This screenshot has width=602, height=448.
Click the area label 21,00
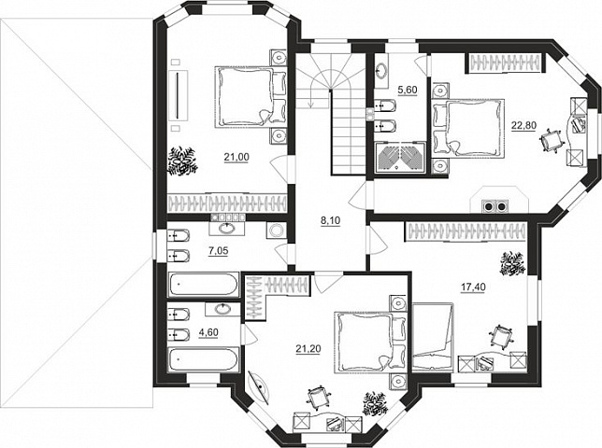click(x=236, y=157)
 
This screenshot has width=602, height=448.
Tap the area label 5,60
click(x=407, y=91)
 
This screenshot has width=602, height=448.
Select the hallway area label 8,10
click(x=331, y=221)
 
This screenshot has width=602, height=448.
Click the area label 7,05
click(x=219, y=251)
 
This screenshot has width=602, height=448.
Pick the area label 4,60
click(x=208, y=332)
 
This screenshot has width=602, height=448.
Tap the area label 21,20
click(x=308, y=349)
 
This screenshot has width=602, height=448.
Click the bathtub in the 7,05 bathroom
click(x=203, y=284)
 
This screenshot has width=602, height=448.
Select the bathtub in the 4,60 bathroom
click(x=203, y=359)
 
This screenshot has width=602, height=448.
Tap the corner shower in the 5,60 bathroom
click(x=400, y=157)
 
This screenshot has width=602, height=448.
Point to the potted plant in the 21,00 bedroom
click(x=182, y=161)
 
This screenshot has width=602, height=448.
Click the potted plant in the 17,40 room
click(x=511, y=263)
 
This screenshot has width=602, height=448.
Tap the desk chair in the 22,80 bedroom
click(x=552, y=142)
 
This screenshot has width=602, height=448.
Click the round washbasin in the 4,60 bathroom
click(x=221, y=309)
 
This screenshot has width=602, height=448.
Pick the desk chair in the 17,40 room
click(x=501, y=338)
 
